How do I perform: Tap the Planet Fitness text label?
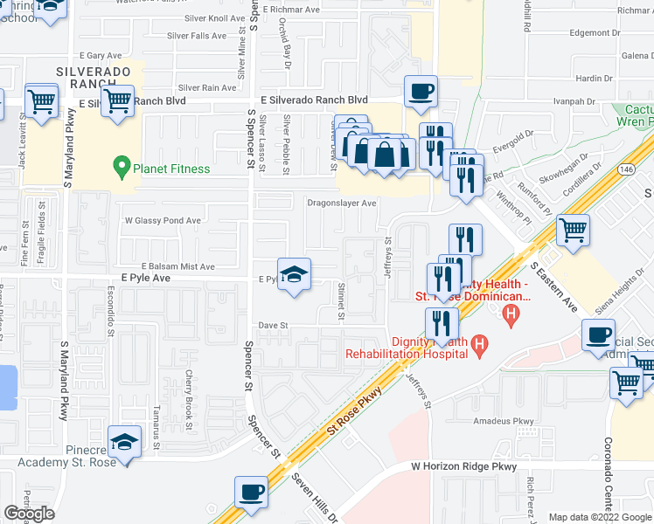pyautogui.click(x=171, y=169)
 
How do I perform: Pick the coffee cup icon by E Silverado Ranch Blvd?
pyautogui.click(x=421, y=92)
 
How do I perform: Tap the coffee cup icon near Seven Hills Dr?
pyautogui.click(x=251, y=493)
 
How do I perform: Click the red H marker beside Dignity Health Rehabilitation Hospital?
pyautogui.click(x=478, y=347)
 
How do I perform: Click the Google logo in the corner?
pyautogui.click(x=29, y=514)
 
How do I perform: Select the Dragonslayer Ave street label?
pyautogui.click(x=341, y=203)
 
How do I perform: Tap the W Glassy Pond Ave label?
pyautogui.click(x=164, y=221)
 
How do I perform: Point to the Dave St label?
pyautogui.click(x=273, y=326)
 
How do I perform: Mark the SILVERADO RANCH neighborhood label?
pyautogui.click(x=94, y=77)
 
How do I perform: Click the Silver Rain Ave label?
pyautogui.click(x=207, y=87)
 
